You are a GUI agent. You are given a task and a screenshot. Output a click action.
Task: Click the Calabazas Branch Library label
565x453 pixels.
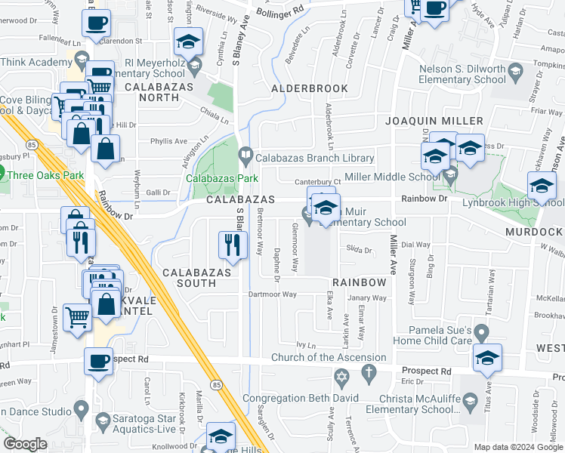point(314,158)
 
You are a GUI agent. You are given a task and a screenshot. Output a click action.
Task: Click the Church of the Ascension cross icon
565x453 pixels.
point(368,371)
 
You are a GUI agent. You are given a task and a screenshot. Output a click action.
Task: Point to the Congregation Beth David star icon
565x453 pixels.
point(341,376)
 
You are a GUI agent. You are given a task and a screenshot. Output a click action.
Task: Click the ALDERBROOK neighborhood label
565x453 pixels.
point(310,88)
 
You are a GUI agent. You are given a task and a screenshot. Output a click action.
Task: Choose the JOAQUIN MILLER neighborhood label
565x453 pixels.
point(434,121)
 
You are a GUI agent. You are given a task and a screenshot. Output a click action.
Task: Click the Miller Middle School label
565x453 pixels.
point(392,177)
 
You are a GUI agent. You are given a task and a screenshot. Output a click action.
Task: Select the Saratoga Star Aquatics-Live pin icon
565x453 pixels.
point(103,419)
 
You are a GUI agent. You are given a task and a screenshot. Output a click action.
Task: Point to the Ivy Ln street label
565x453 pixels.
point(305,344)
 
